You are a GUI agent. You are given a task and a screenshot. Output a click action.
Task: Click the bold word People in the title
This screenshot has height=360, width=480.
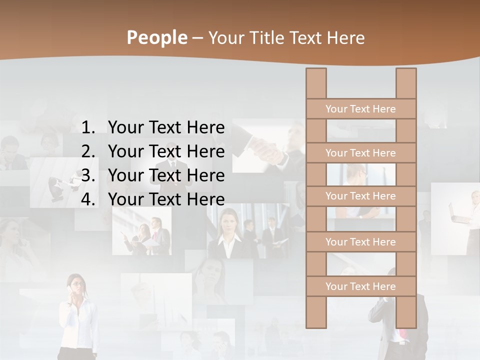[156, 37]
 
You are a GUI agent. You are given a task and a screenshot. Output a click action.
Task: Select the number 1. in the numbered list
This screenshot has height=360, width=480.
[89, 128]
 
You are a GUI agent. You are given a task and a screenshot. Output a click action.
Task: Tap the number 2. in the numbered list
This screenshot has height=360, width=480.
[89, 151]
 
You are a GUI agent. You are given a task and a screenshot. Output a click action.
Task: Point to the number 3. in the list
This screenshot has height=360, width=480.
[89, 175]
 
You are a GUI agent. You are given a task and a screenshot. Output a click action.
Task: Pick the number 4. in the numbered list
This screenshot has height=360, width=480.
[89, 199]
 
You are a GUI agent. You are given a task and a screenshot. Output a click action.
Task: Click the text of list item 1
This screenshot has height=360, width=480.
[166, 128]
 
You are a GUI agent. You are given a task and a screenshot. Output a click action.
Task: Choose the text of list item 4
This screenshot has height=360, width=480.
[166, 199]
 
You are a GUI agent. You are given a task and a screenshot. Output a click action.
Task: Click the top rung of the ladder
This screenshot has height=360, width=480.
[360, 109]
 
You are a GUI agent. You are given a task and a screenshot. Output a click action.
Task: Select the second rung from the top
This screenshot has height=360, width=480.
[360, 153]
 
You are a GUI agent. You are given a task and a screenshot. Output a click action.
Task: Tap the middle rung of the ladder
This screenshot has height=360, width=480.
[360, 196]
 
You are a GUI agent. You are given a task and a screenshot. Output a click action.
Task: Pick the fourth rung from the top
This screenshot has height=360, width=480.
[360, 242]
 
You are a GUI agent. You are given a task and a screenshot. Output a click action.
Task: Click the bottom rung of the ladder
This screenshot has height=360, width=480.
[360, 286]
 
